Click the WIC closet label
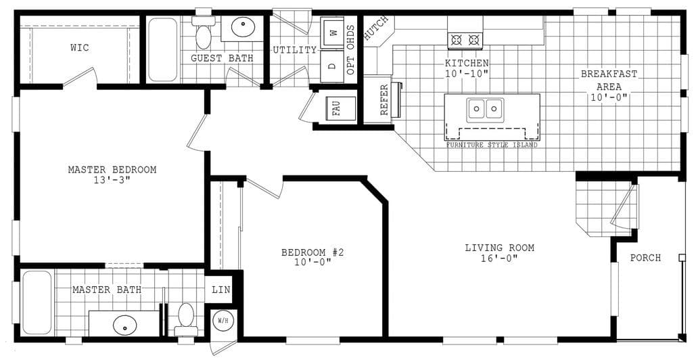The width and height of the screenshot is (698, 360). [x=79, y=48]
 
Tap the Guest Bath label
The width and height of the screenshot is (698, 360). [x=222, y=58]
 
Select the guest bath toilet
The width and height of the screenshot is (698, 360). [x=203, y=34]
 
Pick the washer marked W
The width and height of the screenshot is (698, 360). [x=332, y=31]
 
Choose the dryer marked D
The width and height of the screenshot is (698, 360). [x=332, y=66]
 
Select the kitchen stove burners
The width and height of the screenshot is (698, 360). [x=465, y=40]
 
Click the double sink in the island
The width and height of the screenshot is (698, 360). [x=486, y=108]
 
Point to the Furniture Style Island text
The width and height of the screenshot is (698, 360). [x=492, y=145]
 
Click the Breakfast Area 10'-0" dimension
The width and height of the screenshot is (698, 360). [x=608, y=97]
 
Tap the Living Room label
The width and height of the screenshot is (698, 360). [x=499, y=248]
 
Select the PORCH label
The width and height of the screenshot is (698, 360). [x=645, y=258]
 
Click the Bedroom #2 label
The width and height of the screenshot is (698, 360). [x=313, y=252]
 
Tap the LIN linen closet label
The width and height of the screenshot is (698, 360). [x=221, y=290]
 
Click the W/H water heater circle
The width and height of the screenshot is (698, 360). [x=223, y=320]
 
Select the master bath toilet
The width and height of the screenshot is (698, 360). [x=186, y=319]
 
